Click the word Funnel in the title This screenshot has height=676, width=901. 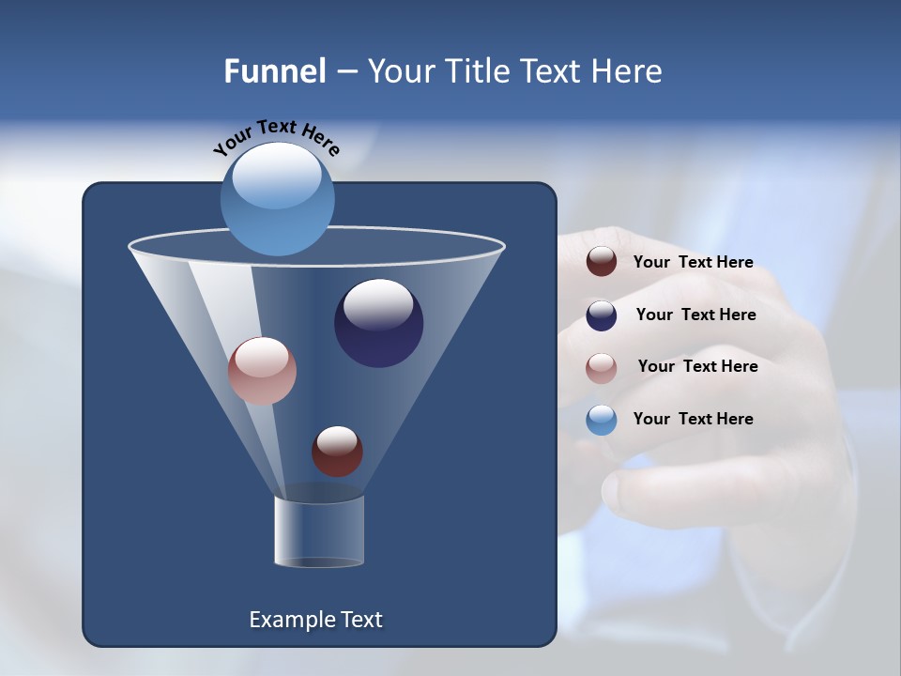coord(274,71)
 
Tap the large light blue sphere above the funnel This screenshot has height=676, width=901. coord(277,198)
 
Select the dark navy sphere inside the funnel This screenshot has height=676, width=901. coord(378,323)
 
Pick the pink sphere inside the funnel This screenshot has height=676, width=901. coord(262,371)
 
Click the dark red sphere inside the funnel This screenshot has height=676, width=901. coord(337,451)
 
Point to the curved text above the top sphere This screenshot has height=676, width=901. coord(276,138)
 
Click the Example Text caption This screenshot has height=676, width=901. coord(315,620)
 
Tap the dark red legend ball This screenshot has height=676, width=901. coord(602,262)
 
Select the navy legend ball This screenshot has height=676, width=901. coord(602,315)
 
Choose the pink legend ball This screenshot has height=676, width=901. coord(602,367)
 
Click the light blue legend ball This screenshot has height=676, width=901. coord(602,420)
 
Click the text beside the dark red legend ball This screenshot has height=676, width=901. coord(693,262)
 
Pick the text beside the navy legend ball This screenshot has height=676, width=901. coord(695,315)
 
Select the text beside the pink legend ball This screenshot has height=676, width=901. coord(697,366)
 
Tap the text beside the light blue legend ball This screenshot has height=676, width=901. coord(693,419)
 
